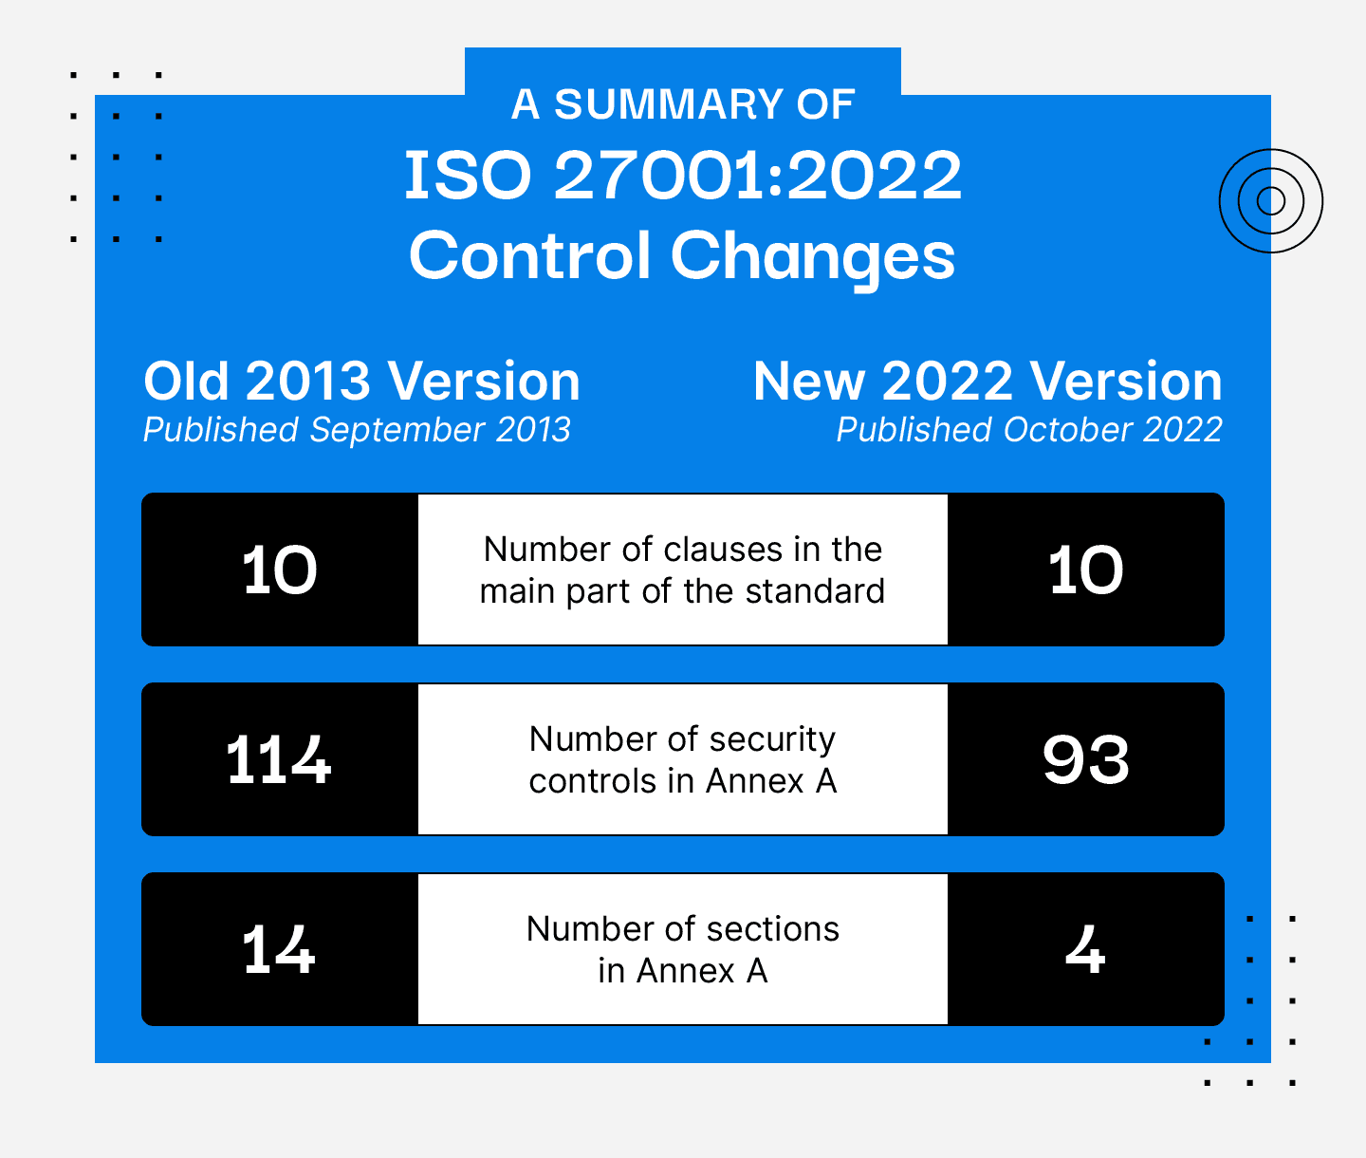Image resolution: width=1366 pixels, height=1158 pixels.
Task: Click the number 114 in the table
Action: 278,760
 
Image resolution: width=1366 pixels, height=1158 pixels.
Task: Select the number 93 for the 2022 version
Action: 1086,760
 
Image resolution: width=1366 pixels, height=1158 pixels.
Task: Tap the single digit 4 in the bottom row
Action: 1085,949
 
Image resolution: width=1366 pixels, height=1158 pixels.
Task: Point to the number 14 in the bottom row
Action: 278,949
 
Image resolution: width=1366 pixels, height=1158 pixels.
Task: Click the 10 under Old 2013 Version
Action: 280,570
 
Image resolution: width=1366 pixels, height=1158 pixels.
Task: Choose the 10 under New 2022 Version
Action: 1086,570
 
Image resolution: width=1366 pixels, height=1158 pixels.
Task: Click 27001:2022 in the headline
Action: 757,176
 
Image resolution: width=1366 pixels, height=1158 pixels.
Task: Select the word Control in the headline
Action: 529,256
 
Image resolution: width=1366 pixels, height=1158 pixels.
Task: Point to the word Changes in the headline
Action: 813,258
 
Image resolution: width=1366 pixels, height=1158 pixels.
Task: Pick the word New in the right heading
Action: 809,382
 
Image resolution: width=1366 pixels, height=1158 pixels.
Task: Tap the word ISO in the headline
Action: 468,176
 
